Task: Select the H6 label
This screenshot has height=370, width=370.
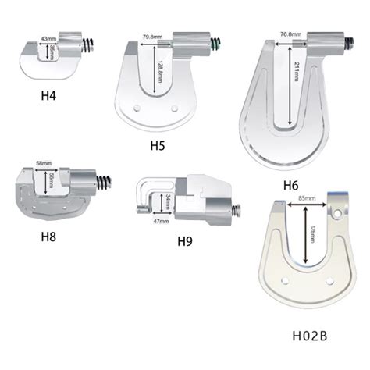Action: [291, 185]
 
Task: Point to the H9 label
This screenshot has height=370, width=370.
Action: [185, 241]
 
